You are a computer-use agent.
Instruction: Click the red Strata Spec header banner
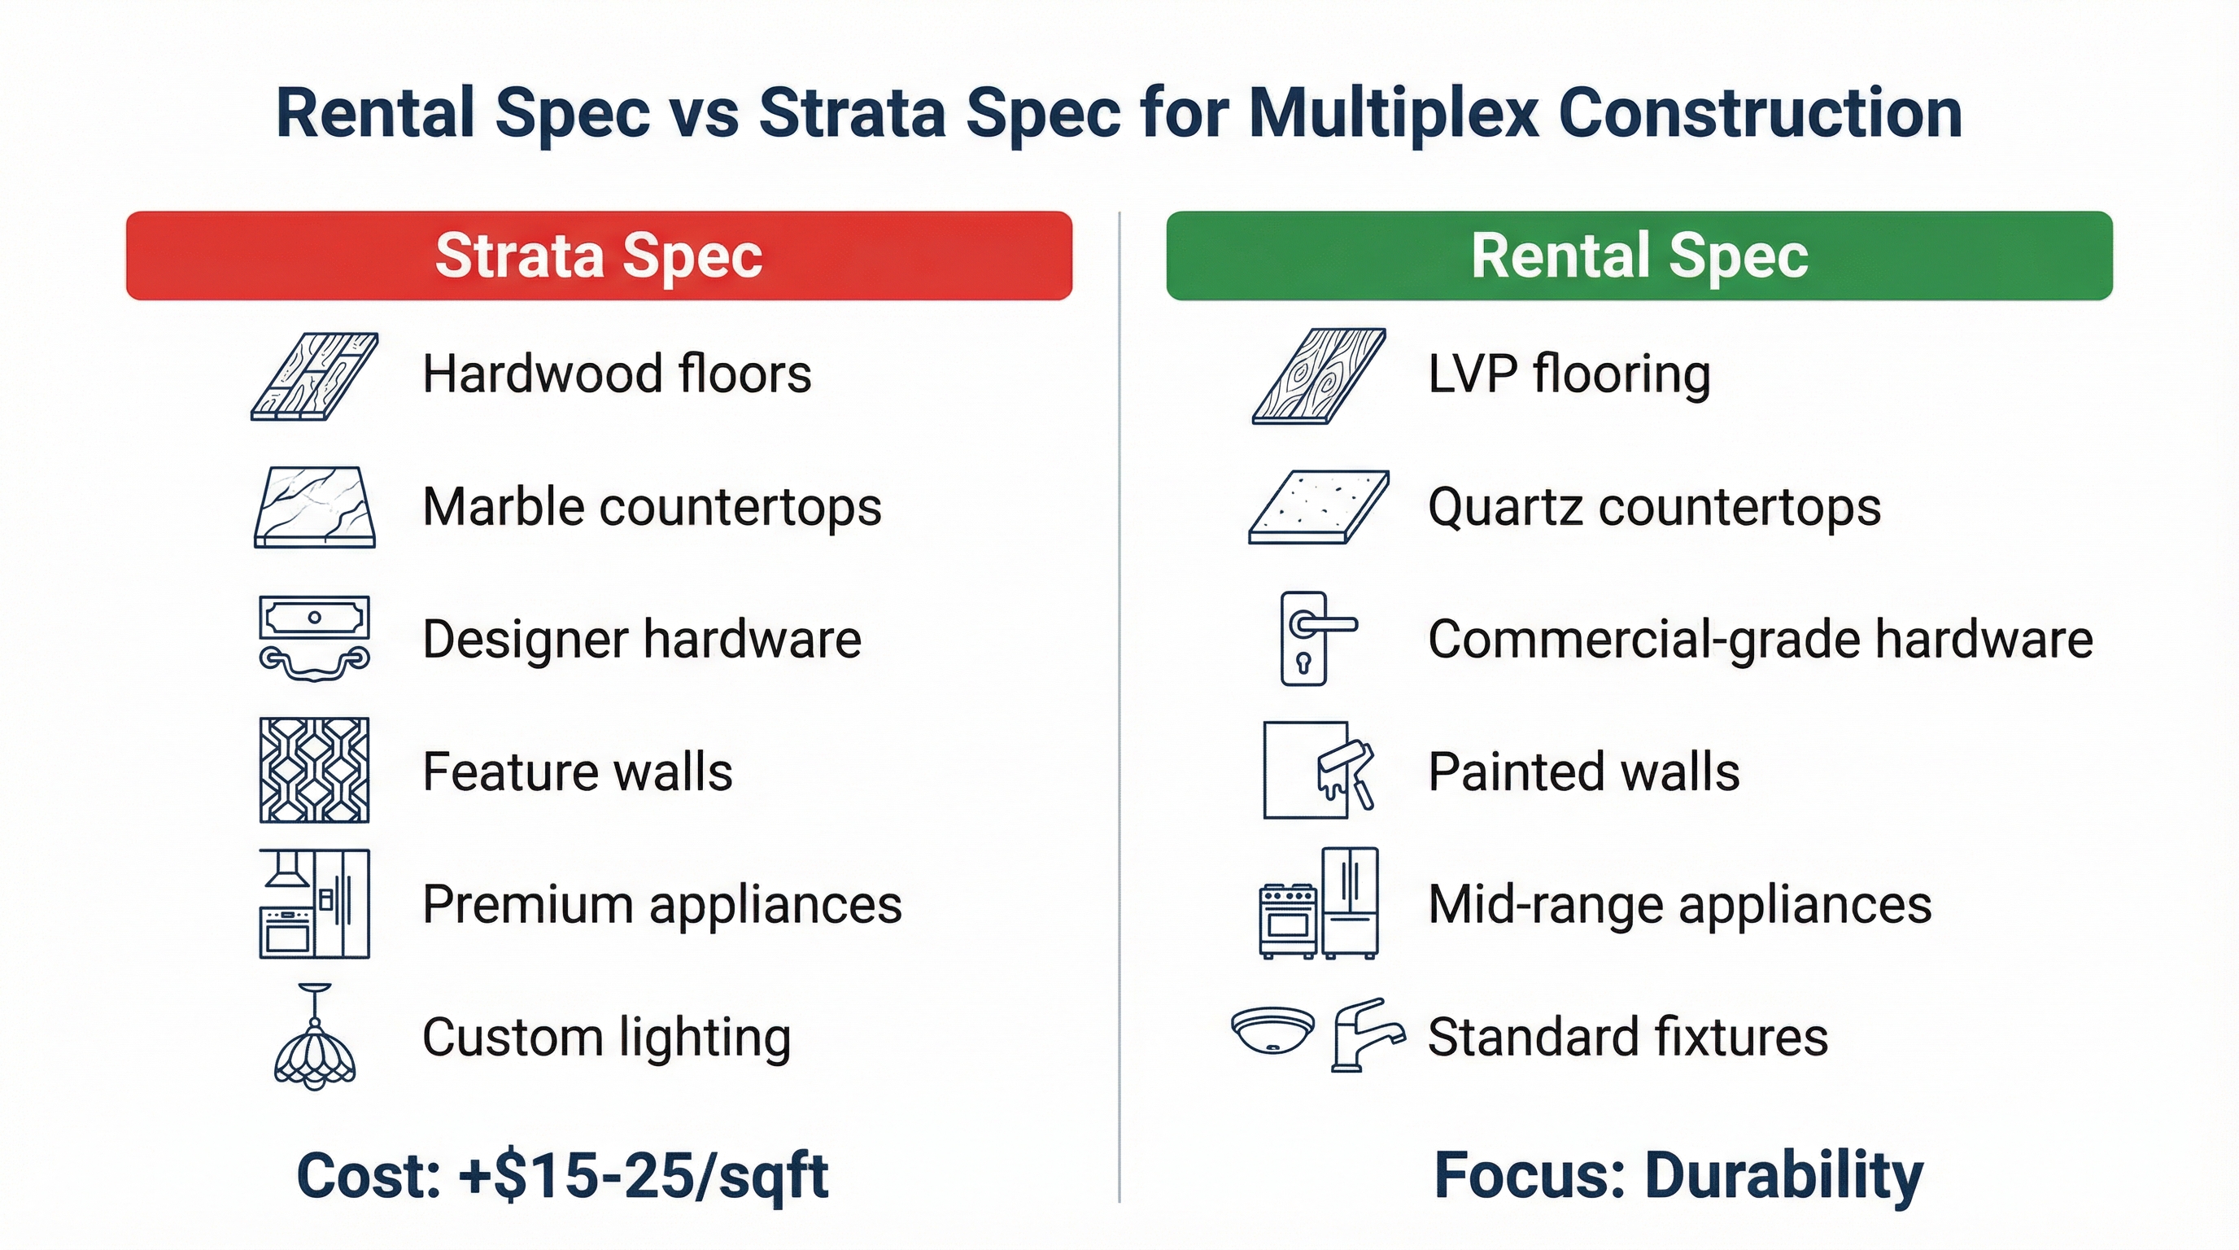599,256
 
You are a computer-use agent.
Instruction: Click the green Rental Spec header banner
1639,256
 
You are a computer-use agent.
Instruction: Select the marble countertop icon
315,507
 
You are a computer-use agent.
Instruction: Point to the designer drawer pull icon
315,639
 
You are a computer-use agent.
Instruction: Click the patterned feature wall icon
315,770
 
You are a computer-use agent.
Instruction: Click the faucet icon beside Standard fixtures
1364,1034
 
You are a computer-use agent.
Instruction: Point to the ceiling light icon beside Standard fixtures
1272,1031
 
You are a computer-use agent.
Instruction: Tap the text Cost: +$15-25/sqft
562,1175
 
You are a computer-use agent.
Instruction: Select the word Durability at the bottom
1783,1175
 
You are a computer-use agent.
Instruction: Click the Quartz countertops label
1654,507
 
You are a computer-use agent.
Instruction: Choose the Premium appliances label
662,904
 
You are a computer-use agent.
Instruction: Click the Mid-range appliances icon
1319,904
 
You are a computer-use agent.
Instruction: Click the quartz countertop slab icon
1319,507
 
